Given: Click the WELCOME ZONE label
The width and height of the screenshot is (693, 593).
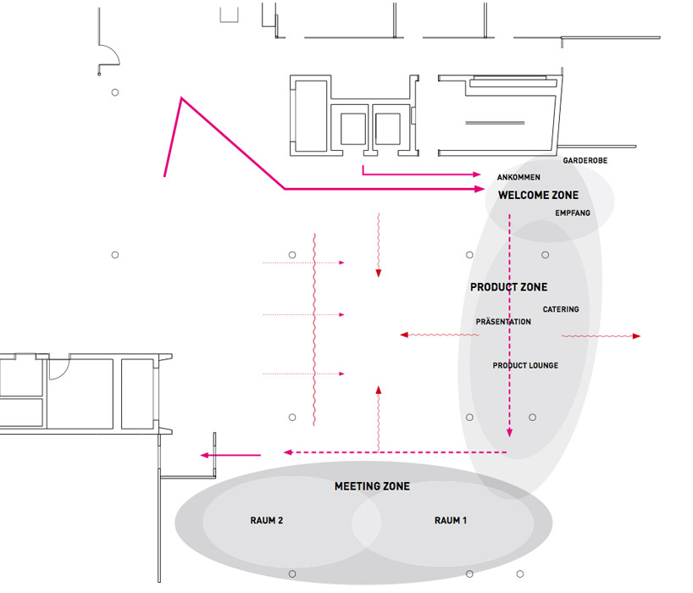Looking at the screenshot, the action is [x=538, y=196].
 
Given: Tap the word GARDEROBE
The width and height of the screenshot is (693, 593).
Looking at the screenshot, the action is [x=585, y=160].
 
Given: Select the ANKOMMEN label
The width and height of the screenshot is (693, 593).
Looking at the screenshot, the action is [x=518, y=177].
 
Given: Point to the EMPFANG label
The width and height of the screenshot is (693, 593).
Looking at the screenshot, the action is [x=573, y=213].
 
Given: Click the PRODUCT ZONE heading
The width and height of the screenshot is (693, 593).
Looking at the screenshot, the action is [x=508, y=287].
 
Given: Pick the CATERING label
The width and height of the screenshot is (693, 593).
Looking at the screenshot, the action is [x=561, y=309].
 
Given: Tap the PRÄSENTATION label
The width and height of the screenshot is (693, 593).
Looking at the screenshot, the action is [x=503, y=322].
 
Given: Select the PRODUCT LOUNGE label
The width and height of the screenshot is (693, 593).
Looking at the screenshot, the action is [x=525, y=365].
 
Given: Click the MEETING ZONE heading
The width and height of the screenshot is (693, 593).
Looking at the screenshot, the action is [x=372, y=486].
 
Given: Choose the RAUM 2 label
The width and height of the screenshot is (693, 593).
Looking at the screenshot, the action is [x=267, y=520].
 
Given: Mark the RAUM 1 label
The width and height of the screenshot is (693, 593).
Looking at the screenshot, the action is [x=451, y=520].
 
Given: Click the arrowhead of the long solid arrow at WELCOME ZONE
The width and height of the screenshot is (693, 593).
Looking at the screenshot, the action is [x=480, y=189].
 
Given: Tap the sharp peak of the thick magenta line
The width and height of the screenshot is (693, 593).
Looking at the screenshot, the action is [x=181, y=98].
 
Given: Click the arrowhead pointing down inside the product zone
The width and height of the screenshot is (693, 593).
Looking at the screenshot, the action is [x=510, y=432].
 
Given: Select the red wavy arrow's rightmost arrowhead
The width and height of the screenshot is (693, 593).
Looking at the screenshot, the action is [x=636, y=336].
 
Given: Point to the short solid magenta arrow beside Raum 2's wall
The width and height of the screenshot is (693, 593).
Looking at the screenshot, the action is [x=230, y=455].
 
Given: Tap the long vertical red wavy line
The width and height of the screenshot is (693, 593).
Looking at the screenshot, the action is [x=314, y=330].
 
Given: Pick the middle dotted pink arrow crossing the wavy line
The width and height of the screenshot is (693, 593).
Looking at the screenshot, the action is [x=303, y=314].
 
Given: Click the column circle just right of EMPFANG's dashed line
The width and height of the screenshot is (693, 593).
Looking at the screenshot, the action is [x=546, y=255].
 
